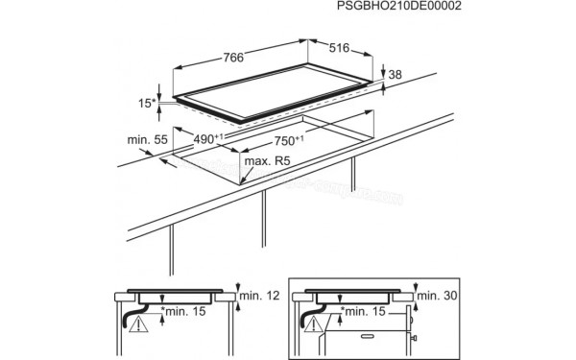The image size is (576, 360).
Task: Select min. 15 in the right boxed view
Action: click(366, 312)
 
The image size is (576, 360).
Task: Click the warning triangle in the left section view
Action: click(140, 326)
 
